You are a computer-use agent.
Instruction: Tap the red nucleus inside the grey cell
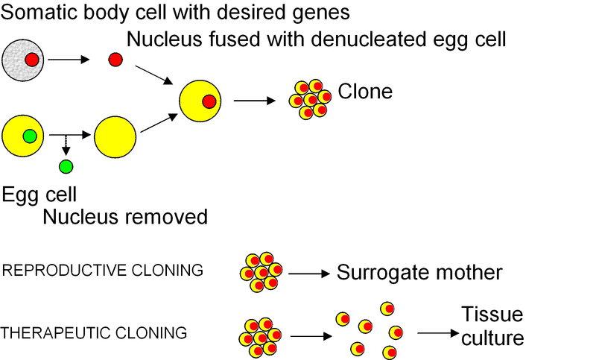pos(31,59)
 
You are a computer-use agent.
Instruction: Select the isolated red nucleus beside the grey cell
pos(115,60)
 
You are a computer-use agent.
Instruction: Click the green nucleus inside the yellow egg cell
pos(29,136)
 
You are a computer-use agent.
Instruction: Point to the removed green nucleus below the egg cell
pos(66,166)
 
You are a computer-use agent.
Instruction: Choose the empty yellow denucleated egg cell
pos(115,136)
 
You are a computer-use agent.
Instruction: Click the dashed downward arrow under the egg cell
pos(66,145)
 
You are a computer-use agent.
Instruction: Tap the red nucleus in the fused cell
pos(209,101)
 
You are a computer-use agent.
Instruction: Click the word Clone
pos(365,92)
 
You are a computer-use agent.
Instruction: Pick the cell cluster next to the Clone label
pos(310,98)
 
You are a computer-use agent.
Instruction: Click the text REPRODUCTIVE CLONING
pos(103,271)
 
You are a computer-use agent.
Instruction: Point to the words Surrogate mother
pos(419,273)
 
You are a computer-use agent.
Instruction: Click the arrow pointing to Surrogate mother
pos(309,274)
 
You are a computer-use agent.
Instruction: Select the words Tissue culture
pos(492,326)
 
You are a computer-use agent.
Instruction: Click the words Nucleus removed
pos(124,217)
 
